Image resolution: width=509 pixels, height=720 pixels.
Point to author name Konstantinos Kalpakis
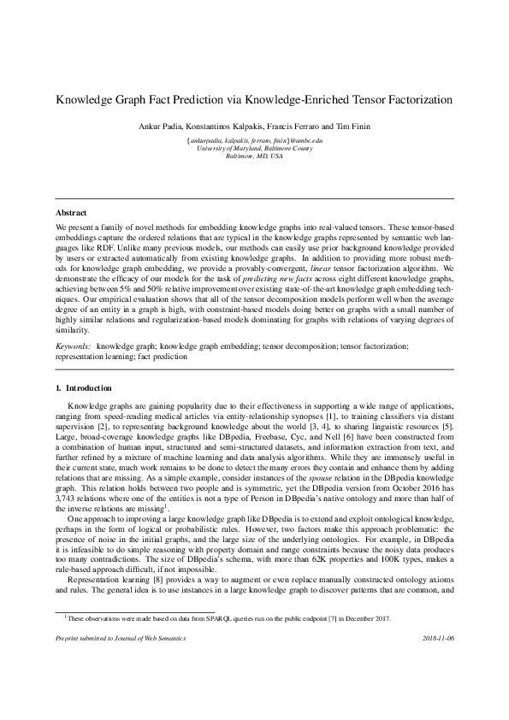(x=244, y=127)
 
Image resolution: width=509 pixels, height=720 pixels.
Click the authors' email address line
(x=254, y=139)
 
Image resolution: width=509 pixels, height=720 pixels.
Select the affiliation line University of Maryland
(x=254, y=148)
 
